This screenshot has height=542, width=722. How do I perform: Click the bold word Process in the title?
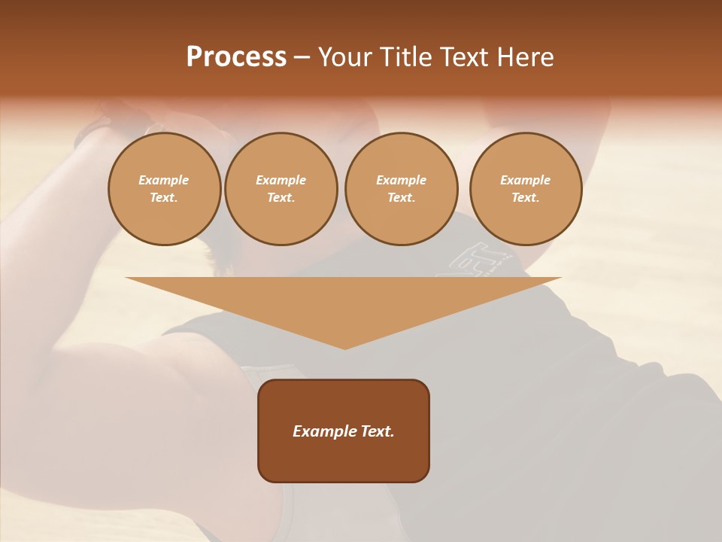pos(236,57)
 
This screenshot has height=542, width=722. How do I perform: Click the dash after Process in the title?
pos(302,58)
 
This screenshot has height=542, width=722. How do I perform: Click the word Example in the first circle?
pos(164,180)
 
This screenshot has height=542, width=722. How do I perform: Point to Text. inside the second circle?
pos(281,197)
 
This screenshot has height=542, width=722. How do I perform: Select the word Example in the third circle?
pos(401,180)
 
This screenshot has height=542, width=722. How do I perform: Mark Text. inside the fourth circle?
pos(526,197)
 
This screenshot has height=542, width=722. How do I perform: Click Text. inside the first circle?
pos(164,197)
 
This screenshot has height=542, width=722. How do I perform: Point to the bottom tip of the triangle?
pos(344,347)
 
